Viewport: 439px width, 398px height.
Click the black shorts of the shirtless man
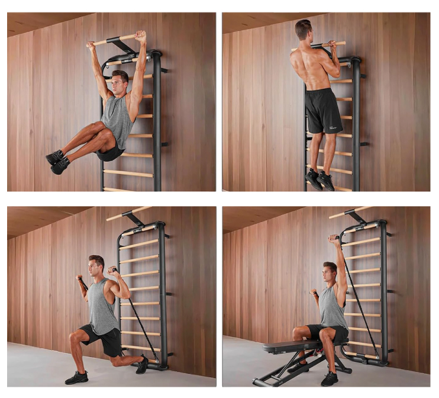click(x=324, y=111)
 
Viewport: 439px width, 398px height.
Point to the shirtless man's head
click(x=304, y=30)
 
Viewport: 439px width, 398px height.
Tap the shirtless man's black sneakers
click(x=319, y=179)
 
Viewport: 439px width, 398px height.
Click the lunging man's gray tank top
click(x=103, y=308)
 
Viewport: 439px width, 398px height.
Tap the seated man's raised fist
click(x=335, y=240)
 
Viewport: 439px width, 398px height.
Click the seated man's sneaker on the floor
click(x=329, y=378)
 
